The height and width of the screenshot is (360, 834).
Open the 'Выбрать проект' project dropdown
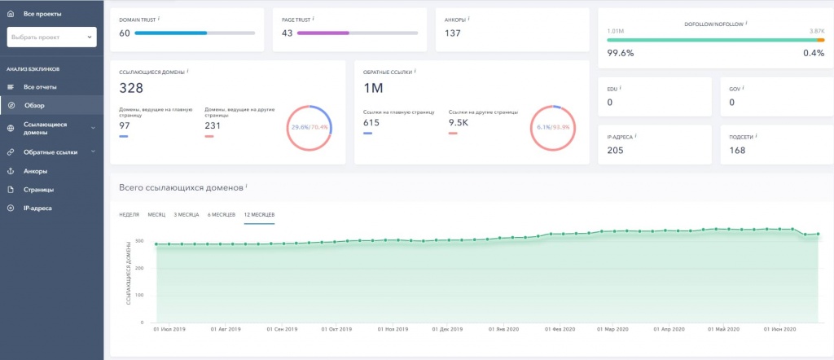[x=51, y=37]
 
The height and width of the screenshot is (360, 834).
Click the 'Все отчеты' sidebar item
[x=40, y=86]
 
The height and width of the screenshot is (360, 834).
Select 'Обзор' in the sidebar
[x=34, y=105]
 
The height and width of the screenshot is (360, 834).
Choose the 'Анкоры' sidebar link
[x=35, y=171]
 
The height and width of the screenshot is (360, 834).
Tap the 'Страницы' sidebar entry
[x=38, y=189]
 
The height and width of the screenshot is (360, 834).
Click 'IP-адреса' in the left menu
[x=38, y=208]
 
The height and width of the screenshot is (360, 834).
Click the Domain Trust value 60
[x=125, y=33]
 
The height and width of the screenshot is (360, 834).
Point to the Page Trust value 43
[x=287, y=33]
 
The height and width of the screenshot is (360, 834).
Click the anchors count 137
[x=454, y=33]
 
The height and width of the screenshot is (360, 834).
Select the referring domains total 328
[x=132, y=88]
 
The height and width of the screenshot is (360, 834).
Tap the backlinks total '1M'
[x=373, y=88]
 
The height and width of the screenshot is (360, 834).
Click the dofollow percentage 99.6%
[x=621, y=53]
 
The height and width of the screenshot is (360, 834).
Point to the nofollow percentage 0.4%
[x=814, y=53]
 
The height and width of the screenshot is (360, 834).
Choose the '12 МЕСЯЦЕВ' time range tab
[x=259, y=214]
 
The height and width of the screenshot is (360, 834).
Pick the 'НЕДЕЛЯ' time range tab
[x=129, y=214]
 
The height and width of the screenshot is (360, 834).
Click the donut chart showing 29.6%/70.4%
[x=309, y=128]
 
